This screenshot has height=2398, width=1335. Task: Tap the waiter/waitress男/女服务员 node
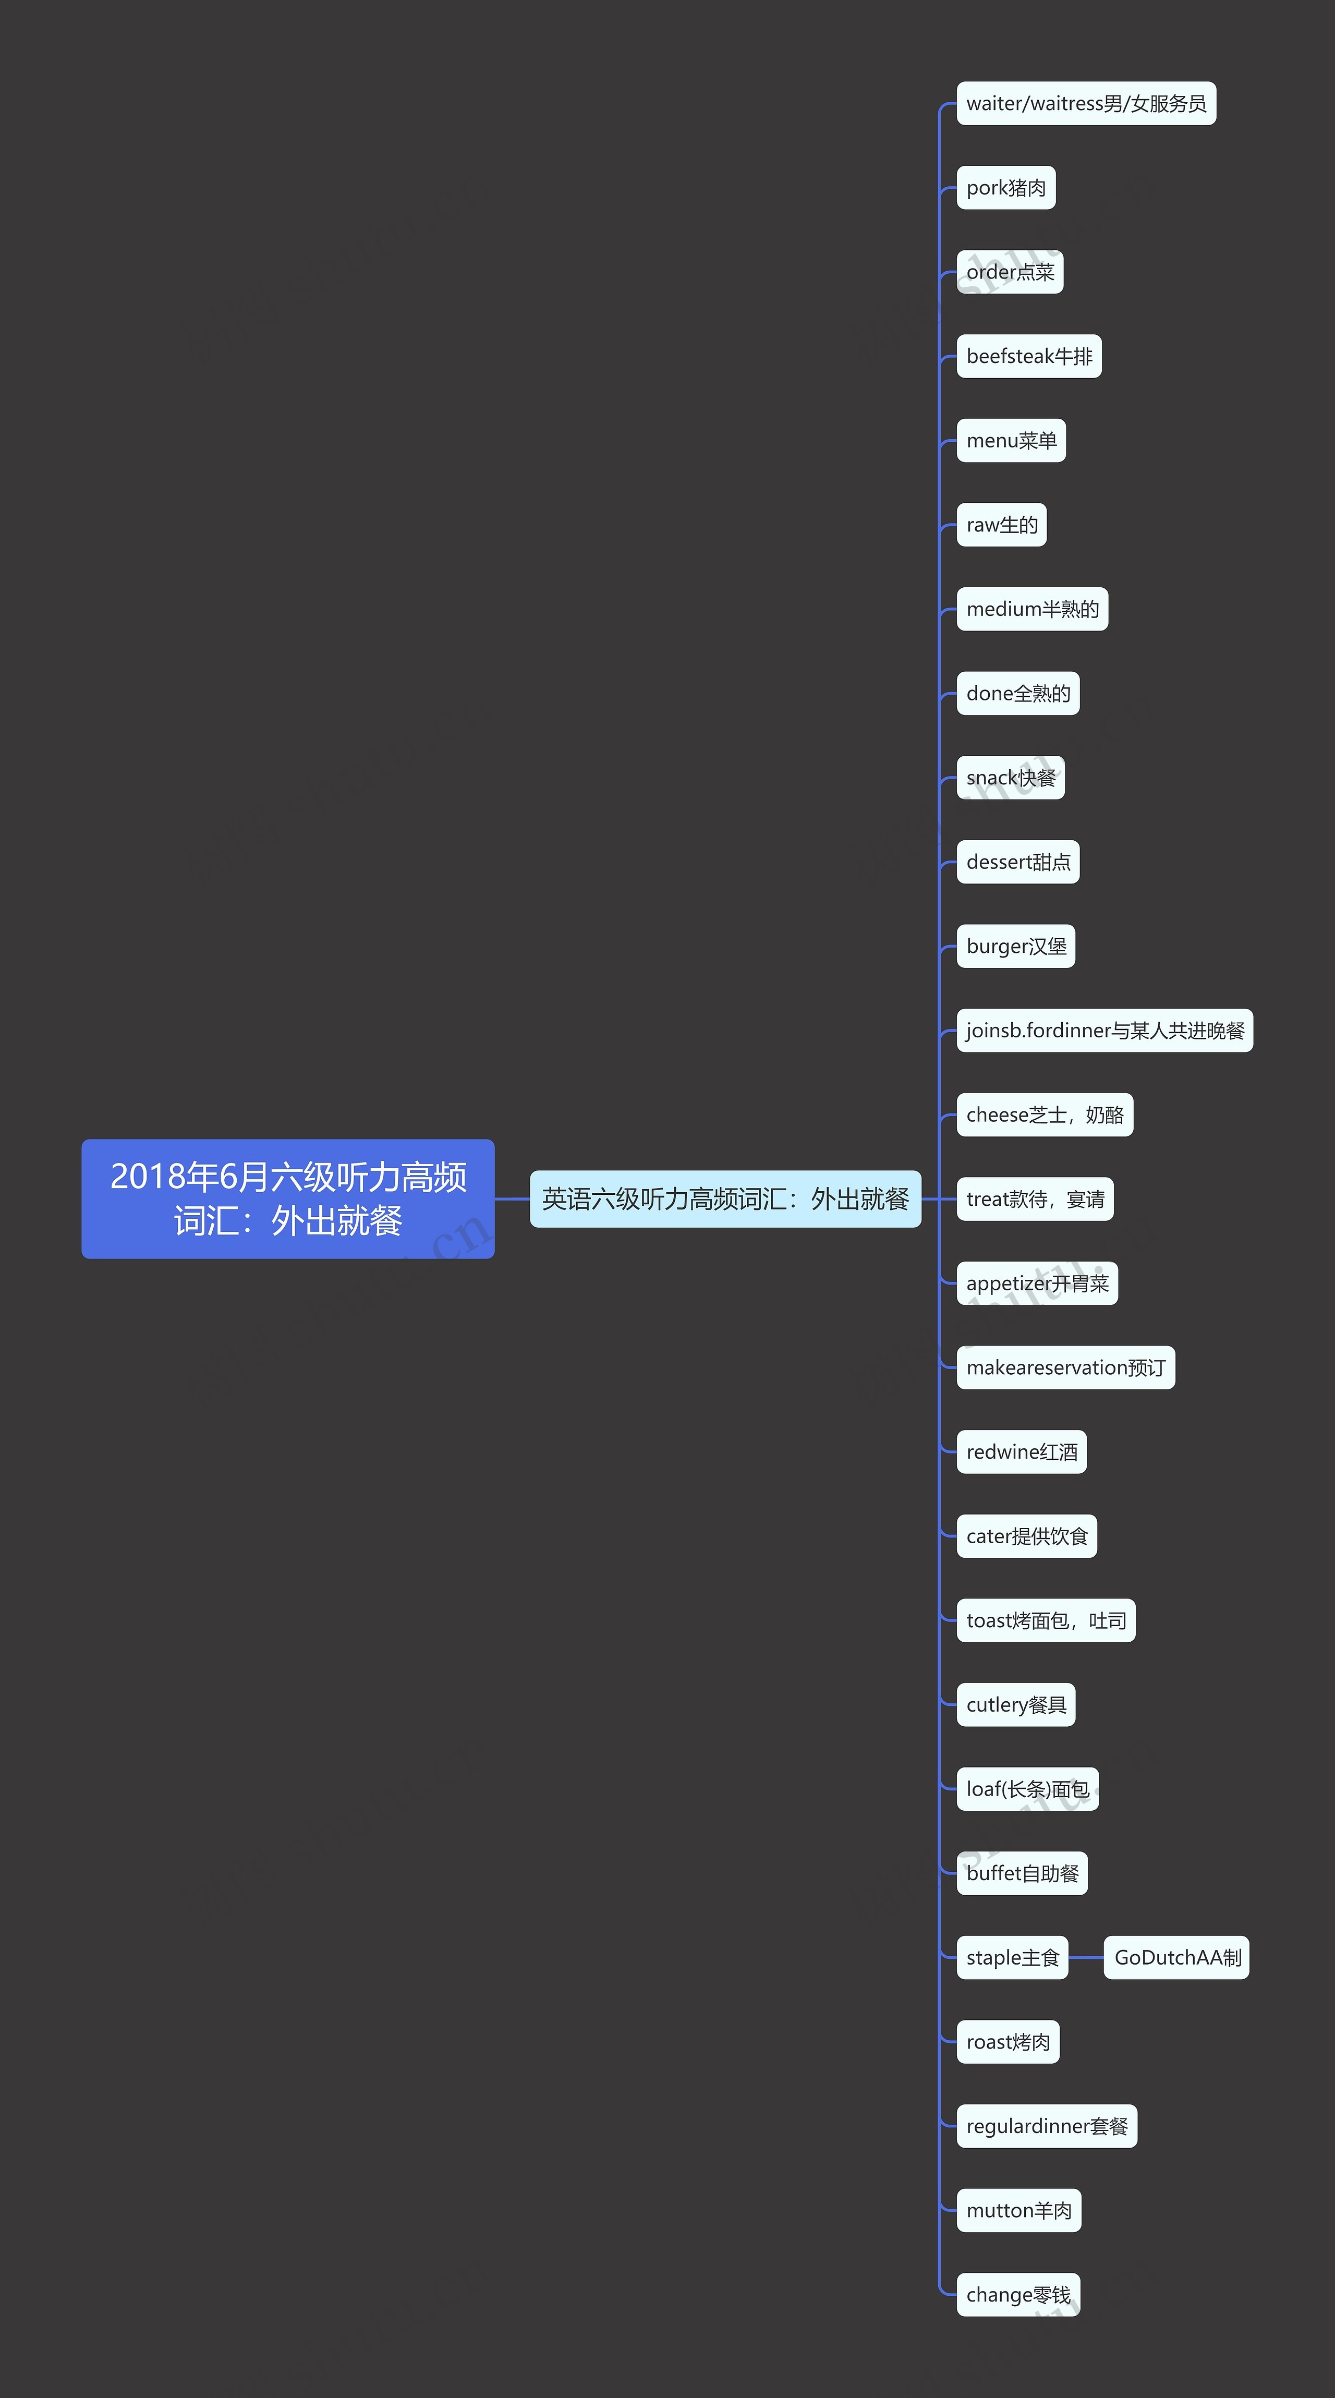[1086, 103]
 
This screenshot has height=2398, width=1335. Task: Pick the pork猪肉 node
[1005, 188]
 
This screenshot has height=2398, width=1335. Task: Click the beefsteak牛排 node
[1029, 357]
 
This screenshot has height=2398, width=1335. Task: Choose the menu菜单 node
[1011, 440]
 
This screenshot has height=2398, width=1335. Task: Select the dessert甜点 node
[1017, 862]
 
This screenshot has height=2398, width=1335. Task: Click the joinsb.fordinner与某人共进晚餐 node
[1104, 1031]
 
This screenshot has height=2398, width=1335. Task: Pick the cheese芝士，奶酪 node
[1045, 1115]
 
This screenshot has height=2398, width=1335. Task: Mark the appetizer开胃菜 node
[1037, 1283]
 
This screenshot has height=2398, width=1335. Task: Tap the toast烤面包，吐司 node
[1046, 1621]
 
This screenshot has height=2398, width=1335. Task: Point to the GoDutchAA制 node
[1177, 1958]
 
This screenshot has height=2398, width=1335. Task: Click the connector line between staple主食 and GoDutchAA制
[1086, 1958]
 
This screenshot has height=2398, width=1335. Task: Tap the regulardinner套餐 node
[1047, 2126]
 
